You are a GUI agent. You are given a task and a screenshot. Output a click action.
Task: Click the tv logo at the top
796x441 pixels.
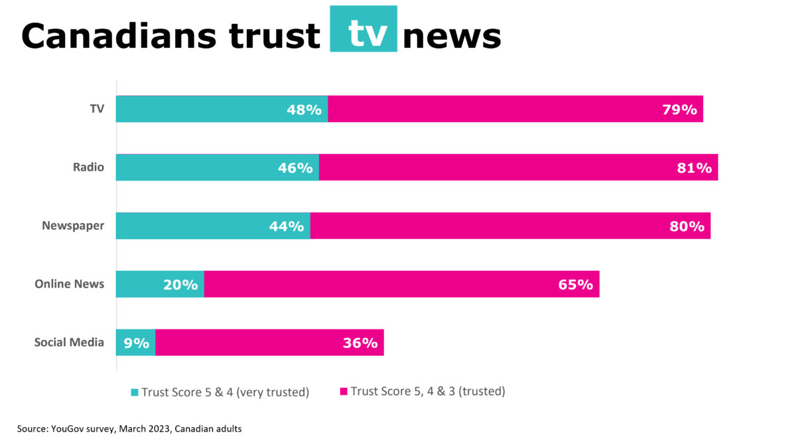click(x=364, y=29)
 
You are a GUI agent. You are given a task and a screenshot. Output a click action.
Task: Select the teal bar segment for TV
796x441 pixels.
click(x=199, y=109)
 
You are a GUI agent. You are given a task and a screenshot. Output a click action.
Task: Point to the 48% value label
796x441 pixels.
click(x=304, y=110)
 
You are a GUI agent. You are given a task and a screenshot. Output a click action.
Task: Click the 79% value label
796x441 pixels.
click(x=679, y=110)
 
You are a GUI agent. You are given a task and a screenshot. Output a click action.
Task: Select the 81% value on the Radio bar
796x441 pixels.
click(x=694, y=168)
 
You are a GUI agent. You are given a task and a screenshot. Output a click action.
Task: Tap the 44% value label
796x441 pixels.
click(x=287, y=226)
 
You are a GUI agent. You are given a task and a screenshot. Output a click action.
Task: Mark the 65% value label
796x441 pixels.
click(x=575, y=285)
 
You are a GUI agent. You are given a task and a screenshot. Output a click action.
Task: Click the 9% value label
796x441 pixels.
click(x=137, y=343)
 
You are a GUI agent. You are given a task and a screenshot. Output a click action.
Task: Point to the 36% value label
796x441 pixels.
click(x=360, y=343)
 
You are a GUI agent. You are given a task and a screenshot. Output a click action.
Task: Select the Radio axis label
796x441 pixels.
click(x=88, y=167)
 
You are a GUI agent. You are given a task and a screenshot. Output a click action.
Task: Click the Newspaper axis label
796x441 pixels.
click(x=73, y=226)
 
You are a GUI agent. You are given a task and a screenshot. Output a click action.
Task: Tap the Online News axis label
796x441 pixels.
click(x=70, y=284)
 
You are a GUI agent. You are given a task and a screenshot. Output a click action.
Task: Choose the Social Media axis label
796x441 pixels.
click(x=70, y=343)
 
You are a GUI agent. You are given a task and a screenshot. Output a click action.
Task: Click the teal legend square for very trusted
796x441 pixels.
click(x=135, y=393)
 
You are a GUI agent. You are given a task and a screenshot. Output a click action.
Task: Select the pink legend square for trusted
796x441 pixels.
click(x=344, y=393)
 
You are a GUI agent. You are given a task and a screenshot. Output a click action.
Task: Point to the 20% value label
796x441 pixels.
click(x=180, y=285)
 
